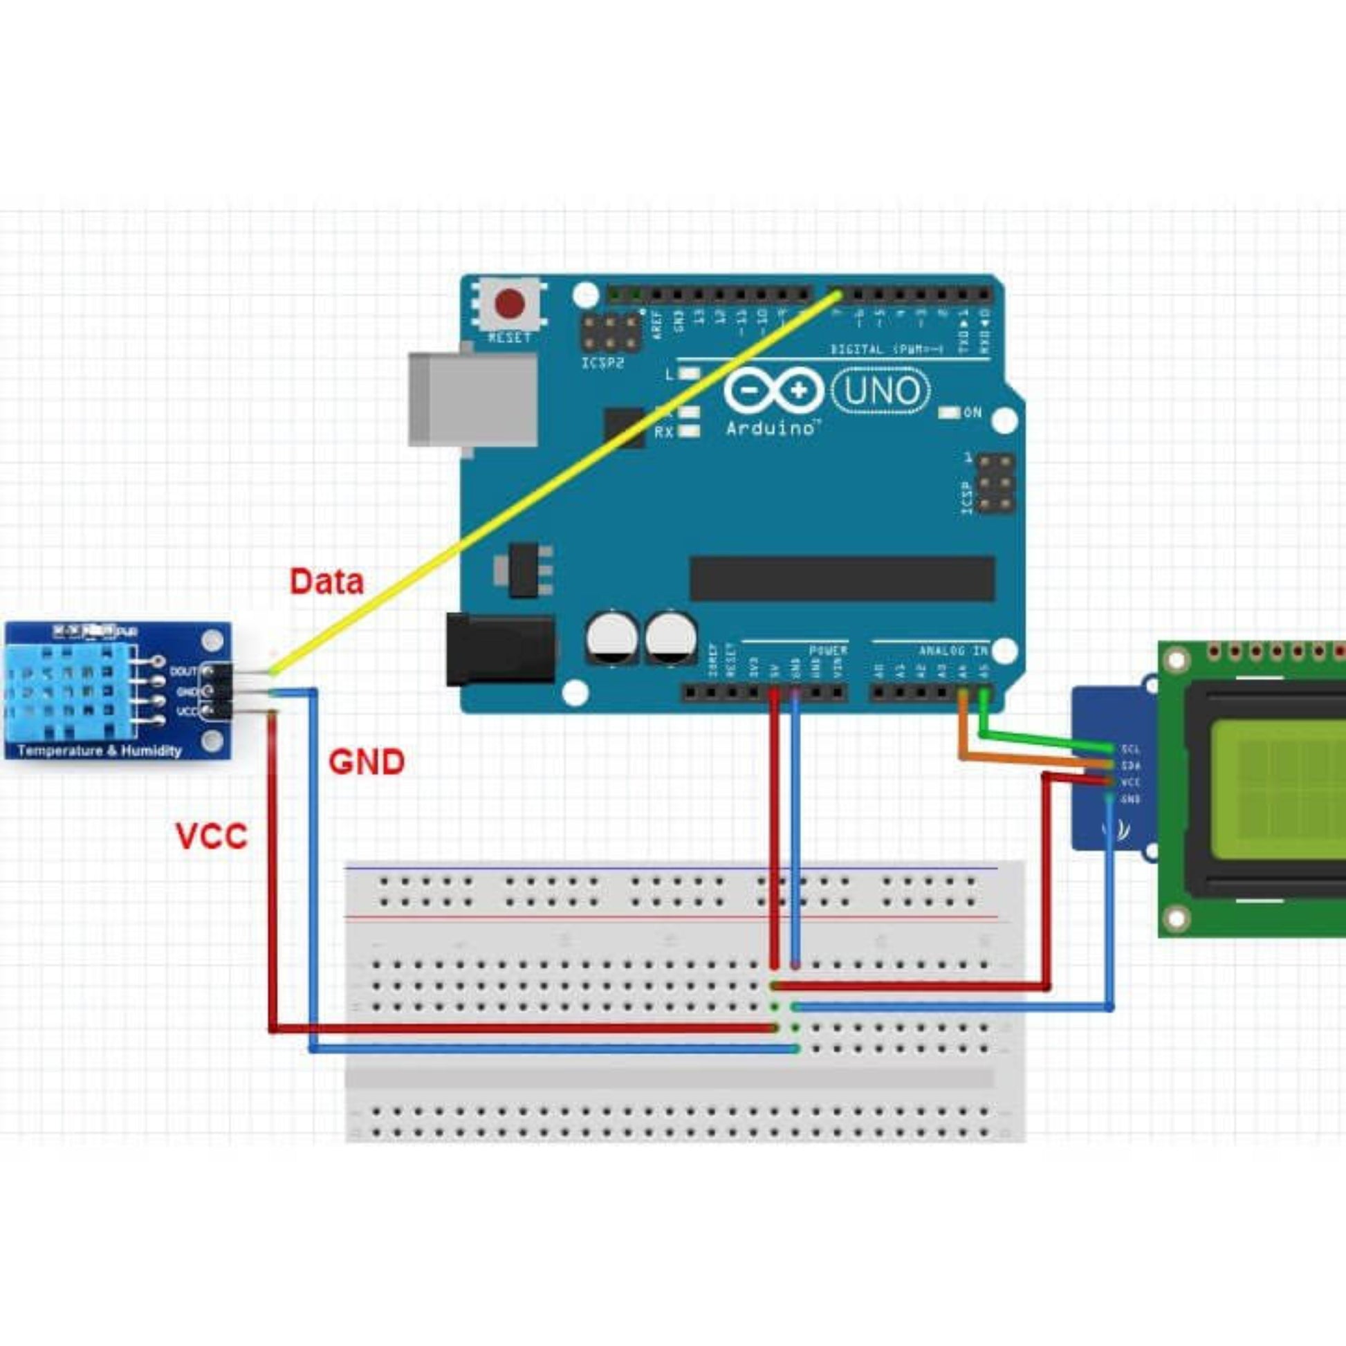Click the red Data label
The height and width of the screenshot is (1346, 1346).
point(326,582)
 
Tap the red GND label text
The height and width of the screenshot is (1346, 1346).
point(367,762)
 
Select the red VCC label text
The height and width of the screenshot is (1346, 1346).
point(211,837)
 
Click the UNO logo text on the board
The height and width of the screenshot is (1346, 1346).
point(881,391)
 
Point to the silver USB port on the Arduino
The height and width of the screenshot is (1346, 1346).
point(474,399)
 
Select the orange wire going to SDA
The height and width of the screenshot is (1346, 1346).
point(1031,759)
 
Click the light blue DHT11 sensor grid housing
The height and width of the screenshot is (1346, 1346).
point(70,692)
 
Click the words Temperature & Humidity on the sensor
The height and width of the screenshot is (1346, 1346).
point(100,750)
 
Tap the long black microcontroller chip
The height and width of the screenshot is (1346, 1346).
point(842,579)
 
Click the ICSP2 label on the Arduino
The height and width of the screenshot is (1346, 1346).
point(602,364)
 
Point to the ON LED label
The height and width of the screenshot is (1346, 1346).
point(972,412)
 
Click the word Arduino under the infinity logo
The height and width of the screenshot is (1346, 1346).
point(771,427)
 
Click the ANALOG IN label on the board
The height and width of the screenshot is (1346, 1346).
point(953,651)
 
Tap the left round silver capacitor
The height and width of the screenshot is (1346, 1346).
point(611,638)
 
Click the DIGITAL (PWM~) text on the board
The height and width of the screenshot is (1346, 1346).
point(886,349)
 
